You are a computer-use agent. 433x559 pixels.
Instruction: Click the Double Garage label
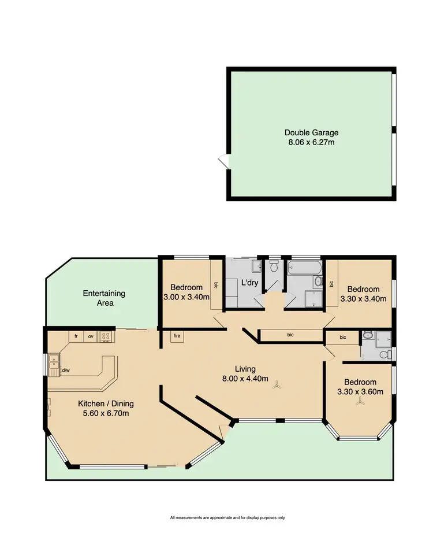click(311, 132)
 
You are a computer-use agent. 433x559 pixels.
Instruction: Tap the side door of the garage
click(222, 162)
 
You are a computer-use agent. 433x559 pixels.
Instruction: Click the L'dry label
click(249, 283)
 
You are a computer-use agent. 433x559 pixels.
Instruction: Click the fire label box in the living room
click(176, 335)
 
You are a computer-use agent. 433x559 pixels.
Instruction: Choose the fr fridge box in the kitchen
click(76, 335)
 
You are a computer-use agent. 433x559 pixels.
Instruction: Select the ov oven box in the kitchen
click(91, 335)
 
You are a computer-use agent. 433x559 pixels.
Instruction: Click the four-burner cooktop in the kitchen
click(106, 335)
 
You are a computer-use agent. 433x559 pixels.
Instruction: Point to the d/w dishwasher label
click(65, 371)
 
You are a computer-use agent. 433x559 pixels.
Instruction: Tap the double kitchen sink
click(54, 364)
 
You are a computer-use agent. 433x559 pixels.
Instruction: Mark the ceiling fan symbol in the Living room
click(277, 383)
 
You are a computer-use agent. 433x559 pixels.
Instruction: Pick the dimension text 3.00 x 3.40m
click(186, 297)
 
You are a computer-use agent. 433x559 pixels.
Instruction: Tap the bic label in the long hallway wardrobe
click(290, 335)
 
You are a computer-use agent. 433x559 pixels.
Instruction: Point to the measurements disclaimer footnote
click(227, 517)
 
